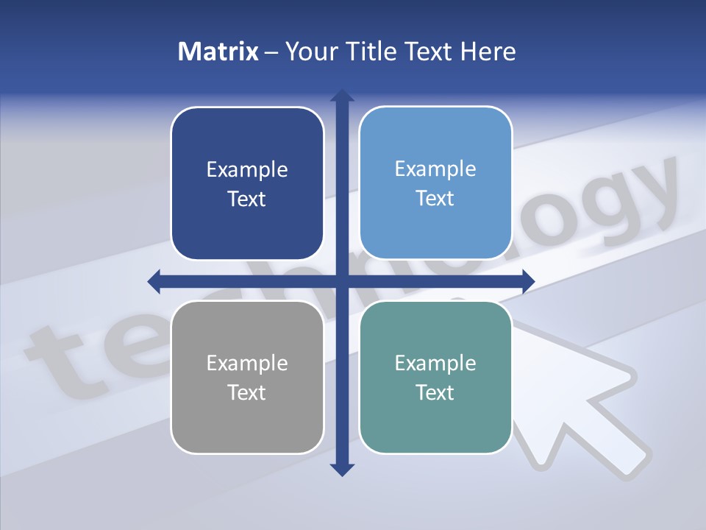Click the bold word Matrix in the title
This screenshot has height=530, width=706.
pyautogui.click(x=218, y=52)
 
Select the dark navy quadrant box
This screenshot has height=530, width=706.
pyautogui.click(x=247, y=183)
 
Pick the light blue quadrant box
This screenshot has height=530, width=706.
pyautogui.click(x=435, y=183)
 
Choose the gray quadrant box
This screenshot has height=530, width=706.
pyautogui.click(x=247, y=377)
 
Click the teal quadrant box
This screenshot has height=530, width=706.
pyautogui.click(x=435, y=377)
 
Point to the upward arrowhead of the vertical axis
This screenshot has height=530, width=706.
pyautogui.click(x=341, y=96)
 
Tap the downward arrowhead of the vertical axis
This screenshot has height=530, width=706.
pyautogui.click(x=341, y=469)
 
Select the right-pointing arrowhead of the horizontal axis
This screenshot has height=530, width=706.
pyautogui.click(x=527, y=280)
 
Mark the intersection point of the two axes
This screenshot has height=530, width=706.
pyautogui.click(x=341, y=280)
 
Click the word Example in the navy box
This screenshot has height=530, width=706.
pyautogui.click(x=247, y=170)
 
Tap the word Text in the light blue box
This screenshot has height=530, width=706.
pyautogui.click(x=435, y=199)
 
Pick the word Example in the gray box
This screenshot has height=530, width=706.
pyautogui.click(x=247, y=363)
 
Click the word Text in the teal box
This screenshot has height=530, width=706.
pyautogui.click(x=435, y=392)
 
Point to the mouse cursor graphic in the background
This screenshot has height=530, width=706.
pyautogui.click(x=581, y=397)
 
